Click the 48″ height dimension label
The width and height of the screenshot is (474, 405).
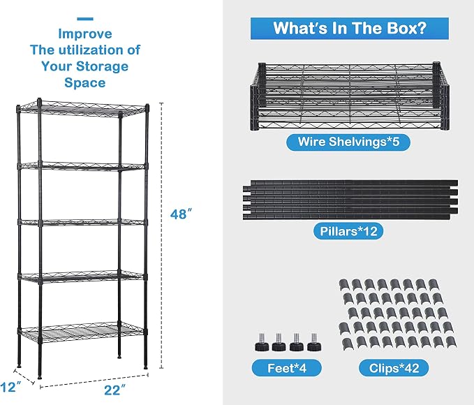(181, 214)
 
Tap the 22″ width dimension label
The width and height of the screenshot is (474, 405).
(115, 390)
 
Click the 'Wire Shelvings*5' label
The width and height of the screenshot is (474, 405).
(348, 142)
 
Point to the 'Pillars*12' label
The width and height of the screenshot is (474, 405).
(348, 231)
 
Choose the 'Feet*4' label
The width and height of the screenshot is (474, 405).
(287, 368)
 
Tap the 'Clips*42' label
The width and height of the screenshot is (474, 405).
(394, 368)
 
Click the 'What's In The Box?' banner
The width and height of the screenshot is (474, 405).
(350, 28)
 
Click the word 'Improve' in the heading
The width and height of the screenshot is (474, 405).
(85, 34)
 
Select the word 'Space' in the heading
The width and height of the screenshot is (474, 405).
(85, 82)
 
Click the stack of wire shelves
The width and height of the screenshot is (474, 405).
(350, 97)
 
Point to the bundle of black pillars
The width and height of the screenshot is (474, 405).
(350, 200)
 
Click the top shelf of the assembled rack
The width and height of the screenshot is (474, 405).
(82, 108)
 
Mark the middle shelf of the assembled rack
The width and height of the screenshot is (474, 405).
(82, 223)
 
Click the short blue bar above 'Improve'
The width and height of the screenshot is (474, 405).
(85, 19)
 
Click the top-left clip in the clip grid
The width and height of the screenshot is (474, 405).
(343, 285)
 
